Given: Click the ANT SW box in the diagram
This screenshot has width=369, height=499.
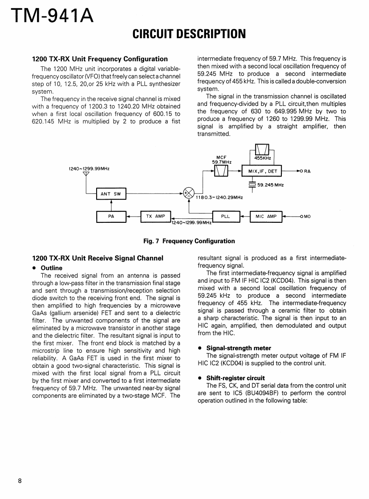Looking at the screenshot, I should (111, 193).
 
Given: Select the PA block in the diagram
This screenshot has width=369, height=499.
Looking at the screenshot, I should (111, 217).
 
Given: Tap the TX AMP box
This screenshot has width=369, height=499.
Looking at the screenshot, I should (155, 217).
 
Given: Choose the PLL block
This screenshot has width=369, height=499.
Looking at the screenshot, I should (225, 217).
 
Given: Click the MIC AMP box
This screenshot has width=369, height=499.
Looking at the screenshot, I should (266, 217).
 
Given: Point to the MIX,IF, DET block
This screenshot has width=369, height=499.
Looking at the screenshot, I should (262, 171).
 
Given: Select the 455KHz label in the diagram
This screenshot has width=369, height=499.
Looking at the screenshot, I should (263, 158).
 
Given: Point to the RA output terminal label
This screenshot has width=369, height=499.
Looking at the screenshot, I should (307, 171).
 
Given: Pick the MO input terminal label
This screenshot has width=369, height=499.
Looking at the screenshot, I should (307, 217).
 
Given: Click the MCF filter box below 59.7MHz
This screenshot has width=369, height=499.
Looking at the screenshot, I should (221, 171).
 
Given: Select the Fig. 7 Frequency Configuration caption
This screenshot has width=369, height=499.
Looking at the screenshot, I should (189, 241).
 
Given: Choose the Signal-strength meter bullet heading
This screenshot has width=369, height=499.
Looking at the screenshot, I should (239, 348).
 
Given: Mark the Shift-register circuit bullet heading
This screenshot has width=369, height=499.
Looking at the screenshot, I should (235, 378).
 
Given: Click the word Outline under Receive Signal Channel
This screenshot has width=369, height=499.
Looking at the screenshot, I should (51, 268).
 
